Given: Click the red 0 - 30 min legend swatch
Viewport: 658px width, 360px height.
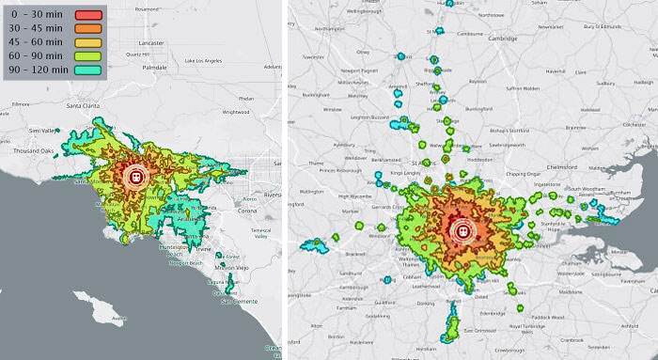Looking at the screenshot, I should (x=86, y=15).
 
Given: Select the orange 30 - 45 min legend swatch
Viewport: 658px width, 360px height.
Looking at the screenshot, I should (x=86, y=29).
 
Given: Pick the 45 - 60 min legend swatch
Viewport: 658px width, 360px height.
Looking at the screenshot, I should (x=86, y=43).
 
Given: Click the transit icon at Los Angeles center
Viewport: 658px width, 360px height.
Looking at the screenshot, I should (x=135, y=176).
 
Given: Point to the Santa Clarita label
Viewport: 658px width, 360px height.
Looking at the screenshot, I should (x=83, y=106).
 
